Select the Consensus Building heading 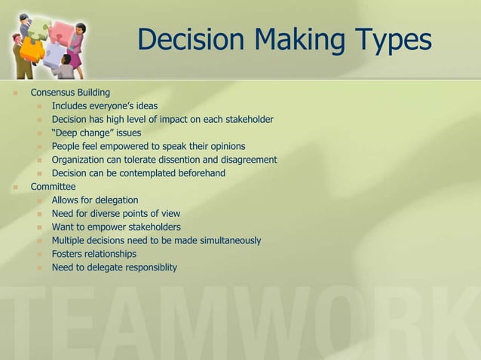click(70, 93)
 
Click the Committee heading click(53, 187)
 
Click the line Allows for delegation click(95, 200)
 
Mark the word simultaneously click(226, 240)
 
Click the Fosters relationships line click(93, 254)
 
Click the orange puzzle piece click(32, 50)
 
